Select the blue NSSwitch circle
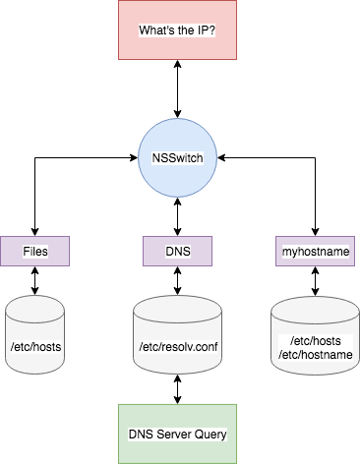pyautogui.click(x=178, y=156)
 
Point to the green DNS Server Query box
pyautogui.click(x=178, y=433)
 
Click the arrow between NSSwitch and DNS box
pyautogui.click(x=178, y=215)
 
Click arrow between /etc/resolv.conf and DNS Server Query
pyautogui.click(x=178, y=387)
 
